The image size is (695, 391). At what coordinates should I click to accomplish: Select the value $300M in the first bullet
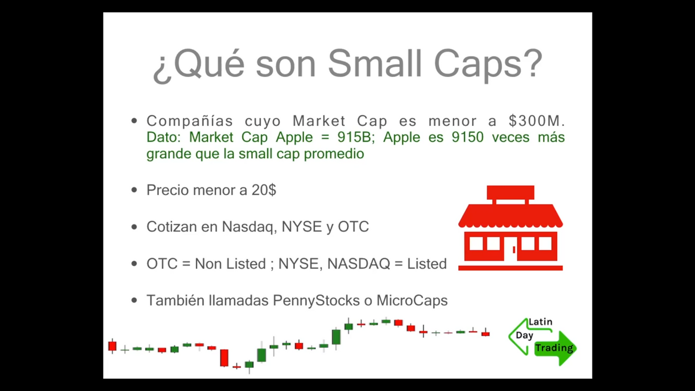click(x=536, y=121)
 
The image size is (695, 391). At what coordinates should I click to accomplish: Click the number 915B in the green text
click(x=354, y=138)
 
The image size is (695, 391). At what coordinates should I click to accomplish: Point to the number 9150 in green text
click(x=467, y=138)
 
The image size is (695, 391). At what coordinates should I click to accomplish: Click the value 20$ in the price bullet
click(x=264, y=190)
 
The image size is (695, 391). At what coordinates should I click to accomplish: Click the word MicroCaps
click(x=412, y=301)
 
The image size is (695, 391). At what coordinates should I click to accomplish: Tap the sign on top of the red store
click(x=510, y=192)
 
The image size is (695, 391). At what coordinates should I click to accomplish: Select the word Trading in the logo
click(x=554, y=348)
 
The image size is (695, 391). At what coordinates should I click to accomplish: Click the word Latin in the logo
click(x=540, y=322)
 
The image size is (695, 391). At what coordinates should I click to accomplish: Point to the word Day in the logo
click(x=524, y=335)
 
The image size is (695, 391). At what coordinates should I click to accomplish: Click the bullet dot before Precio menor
click(x=134, y=190)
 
